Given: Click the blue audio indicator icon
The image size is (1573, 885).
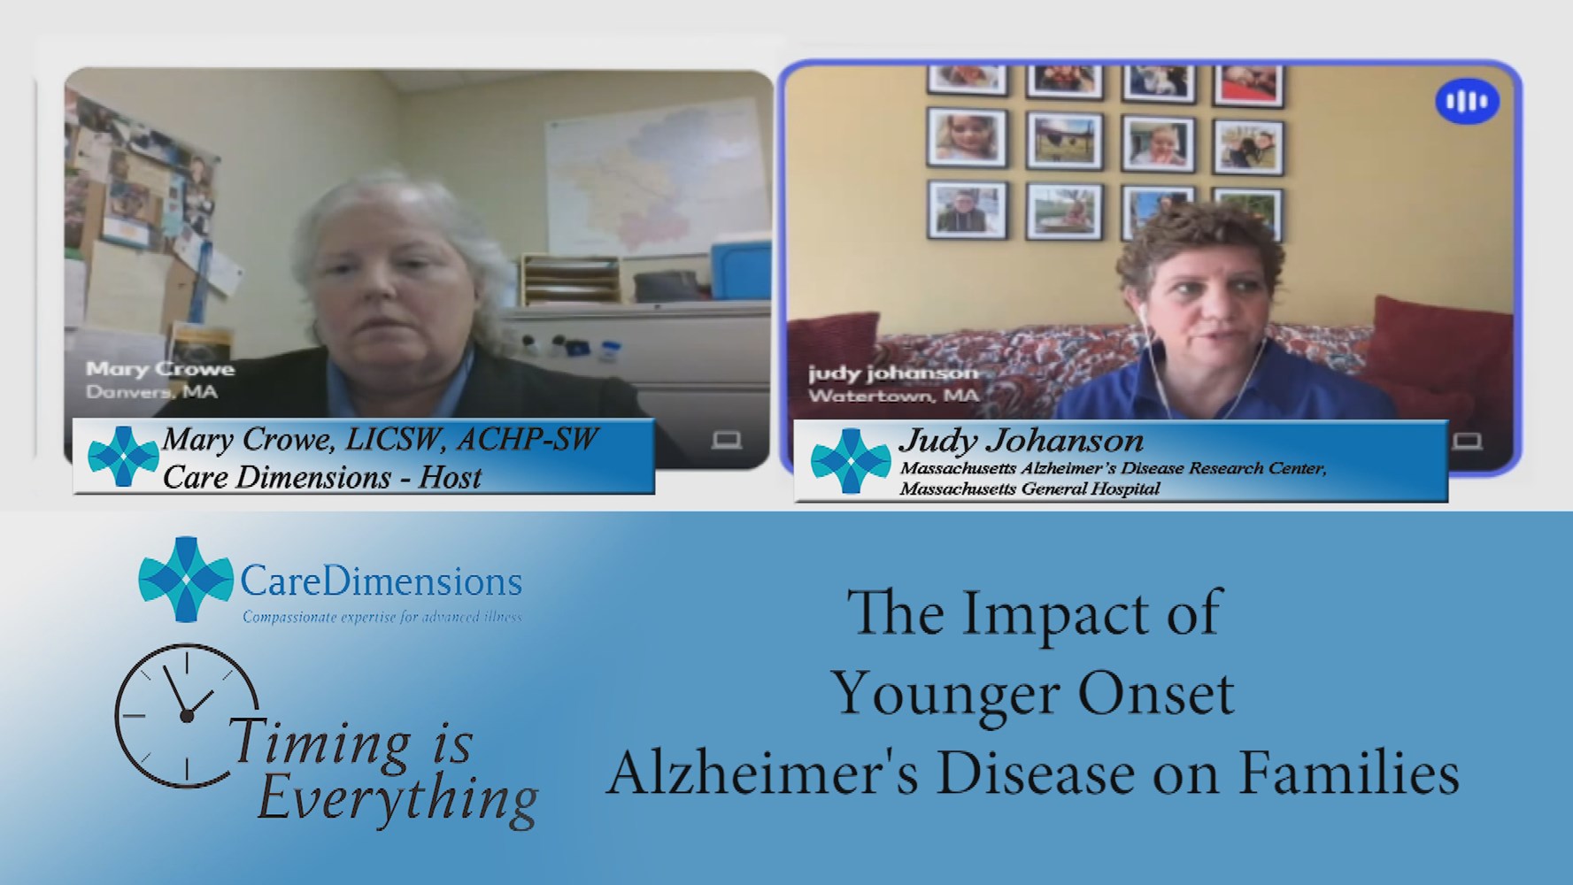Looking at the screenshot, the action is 1467,102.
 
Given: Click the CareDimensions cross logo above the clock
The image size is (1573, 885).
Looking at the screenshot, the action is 186,579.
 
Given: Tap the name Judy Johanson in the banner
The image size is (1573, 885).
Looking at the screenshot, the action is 1021,442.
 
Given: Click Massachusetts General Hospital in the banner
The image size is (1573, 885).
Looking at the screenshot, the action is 1029,489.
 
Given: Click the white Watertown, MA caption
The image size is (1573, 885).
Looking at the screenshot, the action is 893,396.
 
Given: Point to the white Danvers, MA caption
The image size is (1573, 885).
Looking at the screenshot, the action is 151,391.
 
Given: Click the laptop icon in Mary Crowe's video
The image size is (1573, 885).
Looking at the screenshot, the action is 726,440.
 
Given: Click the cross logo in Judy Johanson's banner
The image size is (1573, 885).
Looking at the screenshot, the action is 851,460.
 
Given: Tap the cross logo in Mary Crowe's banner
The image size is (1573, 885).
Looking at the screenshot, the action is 124,457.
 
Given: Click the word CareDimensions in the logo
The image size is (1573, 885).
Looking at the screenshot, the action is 381,582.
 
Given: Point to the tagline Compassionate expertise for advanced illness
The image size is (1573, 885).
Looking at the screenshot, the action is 382,617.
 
